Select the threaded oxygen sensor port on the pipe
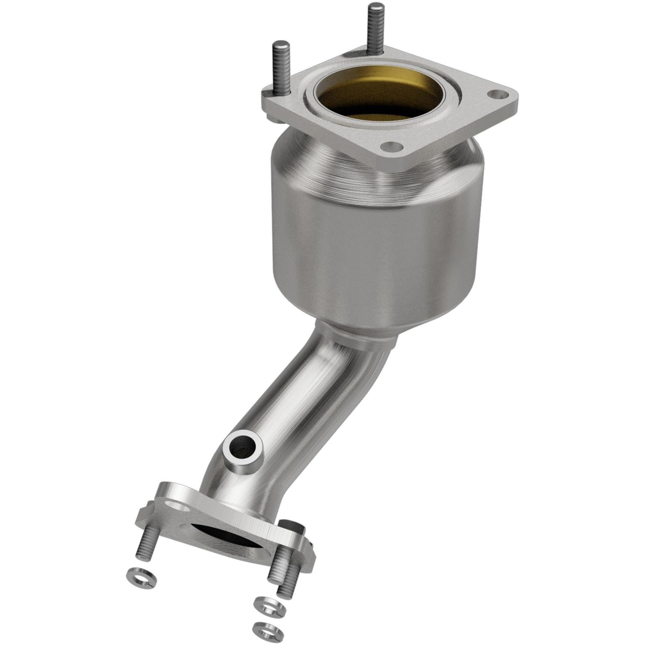(243, 454)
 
